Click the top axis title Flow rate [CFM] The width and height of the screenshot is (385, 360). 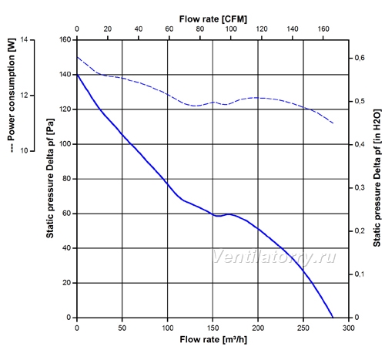[x=213, y=19]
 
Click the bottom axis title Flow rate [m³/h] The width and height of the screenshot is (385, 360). [x=213, y=340]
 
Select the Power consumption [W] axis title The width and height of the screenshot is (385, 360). [x=12, y=95]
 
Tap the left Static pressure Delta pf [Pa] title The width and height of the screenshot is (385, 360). [x=50, y=178]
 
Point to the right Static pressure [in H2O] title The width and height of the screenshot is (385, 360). [x=377, y=178]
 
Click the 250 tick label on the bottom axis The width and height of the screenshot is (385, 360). [x=303, y=328]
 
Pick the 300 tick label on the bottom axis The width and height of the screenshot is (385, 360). [x=349, y=328]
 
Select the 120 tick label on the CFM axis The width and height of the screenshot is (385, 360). [x=262, y=29]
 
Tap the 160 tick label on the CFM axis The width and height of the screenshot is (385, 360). [x=323, y=29]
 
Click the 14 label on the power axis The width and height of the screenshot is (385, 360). [x=24, y=40]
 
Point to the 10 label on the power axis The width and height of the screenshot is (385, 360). [x=24, y=151]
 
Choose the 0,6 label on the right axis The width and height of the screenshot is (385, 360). [x=360, y=58]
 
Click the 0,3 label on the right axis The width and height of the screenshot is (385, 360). [x=360, y=187]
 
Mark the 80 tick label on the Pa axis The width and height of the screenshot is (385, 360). [x=66, y=179]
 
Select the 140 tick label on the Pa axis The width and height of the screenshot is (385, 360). [x=65, y=75]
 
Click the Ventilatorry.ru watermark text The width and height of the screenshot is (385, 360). [x=274, y=257]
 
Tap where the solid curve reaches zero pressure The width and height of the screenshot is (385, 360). [x=333, y=318]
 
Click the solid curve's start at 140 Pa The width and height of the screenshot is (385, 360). [x=77, y=75]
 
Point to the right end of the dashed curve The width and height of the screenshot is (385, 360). [x=333, y=123]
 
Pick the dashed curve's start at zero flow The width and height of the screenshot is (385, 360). [x=77, y=57]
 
